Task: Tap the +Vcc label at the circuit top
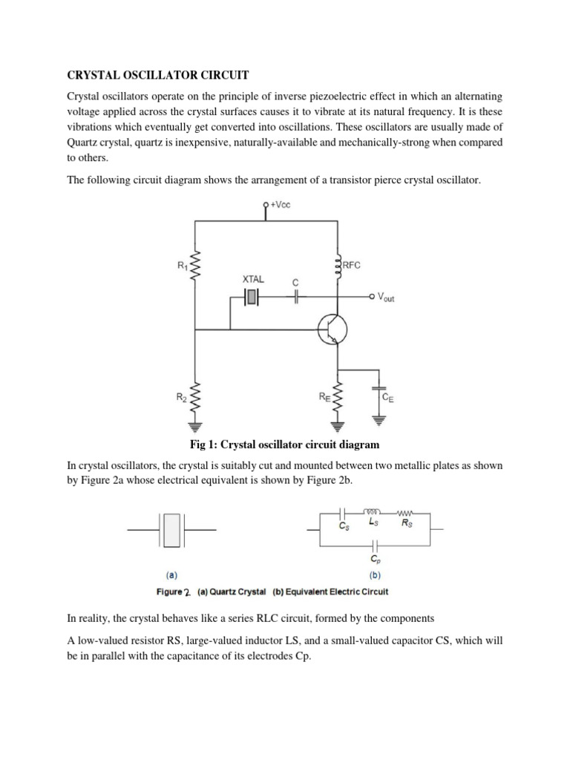click(281, 205)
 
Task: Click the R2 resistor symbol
click(196, 402)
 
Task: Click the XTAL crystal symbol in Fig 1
click(252, 297)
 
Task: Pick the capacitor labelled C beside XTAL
click(297, 297)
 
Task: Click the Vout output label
click(386, 297)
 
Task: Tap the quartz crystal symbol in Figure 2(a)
click(171, 530)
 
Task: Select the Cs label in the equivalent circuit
click(344, 525)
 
